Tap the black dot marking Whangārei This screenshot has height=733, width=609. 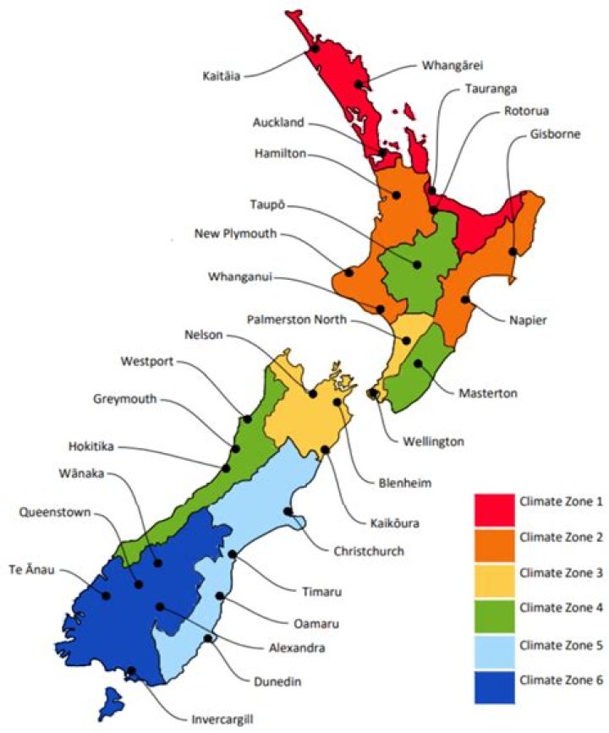click(359, 85)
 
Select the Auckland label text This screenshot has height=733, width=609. click(278, 123)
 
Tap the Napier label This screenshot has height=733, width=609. click(530, 320)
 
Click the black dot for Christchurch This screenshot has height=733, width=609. click(288, 511)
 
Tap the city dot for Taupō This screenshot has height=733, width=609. click(417, 265)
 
